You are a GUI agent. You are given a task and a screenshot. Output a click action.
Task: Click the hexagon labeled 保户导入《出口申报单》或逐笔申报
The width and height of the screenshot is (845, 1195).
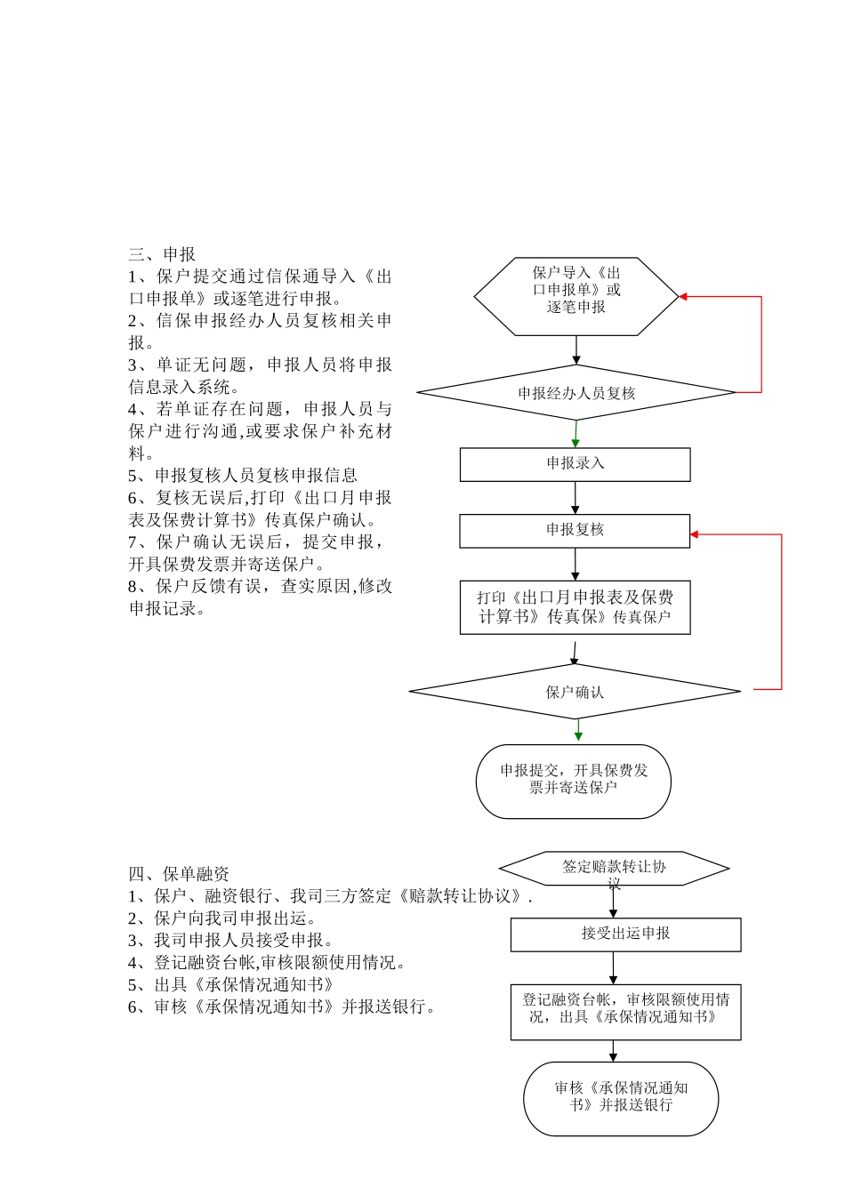[576, 296]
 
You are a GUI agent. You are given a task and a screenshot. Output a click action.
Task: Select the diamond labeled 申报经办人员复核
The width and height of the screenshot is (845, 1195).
[576, 392]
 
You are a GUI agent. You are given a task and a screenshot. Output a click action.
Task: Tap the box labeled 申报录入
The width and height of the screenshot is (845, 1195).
[575, 464]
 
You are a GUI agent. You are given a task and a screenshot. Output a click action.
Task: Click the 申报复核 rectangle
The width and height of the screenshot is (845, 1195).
[575, 531]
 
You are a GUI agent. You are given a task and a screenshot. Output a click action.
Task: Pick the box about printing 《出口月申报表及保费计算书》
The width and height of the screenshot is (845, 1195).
[575, 607]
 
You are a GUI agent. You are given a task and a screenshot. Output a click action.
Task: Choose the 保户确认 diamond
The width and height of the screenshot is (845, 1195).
[575, 692]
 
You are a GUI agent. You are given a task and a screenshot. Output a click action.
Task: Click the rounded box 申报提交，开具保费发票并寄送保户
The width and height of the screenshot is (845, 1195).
[574, 781]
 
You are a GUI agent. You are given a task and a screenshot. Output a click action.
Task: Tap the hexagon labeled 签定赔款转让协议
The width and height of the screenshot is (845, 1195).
[614, 868]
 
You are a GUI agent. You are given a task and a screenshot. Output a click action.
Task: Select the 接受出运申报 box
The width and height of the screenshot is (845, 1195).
[625, 934]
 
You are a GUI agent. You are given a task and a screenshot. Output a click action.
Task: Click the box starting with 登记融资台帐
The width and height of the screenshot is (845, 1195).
[625, 1012]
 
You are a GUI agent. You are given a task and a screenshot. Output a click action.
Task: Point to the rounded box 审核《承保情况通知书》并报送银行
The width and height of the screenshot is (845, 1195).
[621, 1098]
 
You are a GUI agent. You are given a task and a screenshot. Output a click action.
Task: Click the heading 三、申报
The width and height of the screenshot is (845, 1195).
[162, 255]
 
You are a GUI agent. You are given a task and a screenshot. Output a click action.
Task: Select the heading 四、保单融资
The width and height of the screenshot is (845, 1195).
[179, 874]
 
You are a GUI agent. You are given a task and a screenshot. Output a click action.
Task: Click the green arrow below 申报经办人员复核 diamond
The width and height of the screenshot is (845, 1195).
[575, 435]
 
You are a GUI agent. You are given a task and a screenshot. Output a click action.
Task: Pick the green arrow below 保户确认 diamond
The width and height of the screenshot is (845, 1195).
[578, 731]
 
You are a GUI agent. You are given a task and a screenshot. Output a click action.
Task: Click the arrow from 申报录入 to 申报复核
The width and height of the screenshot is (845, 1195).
[575, 498]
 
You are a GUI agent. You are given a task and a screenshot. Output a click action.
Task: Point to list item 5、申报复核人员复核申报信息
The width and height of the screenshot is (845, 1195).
[243, 476]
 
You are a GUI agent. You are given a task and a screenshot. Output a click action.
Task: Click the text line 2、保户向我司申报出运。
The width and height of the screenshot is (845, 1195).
[222, 918]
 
